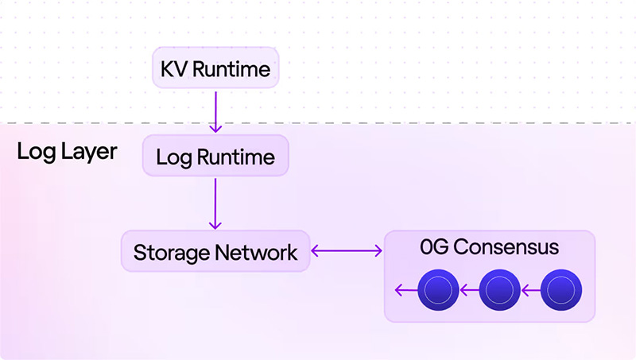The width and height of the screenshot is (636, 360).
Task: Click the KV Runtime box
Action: coord(215,70)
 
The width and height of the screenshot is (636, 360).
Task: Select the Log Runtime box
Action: coord(215,157)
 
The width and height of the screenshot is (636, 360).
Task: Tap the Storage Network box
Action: coord(215,253)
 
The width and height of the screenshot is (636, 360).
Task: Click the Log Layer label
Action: coord(67,152)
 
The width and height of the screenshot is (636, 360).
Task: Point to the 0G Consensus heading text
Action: coord(489,248)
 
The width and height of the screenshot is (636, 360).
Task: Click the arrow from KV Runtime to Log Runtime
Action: coord(215,110)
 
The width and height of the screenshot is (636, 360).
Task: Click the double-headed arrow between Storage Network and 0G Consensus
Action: coord(347,252)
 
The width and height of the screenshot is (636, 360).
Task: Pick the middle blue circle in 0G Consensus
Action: coord(499,291)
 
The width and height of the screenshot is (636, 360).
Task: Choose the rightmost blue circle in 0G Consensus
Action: coord(561,291)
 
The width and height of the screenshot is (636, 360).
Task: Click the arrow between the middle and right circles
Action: coord(530,291)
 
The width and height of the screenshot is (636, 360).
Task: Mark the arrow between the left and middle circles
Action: coord(468,291)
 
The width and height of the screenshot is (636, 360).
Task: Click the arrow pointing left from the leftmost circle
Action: coord(406,291)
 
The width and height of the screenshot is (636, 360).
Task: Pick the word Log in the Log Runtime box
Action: coord(169,157)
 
